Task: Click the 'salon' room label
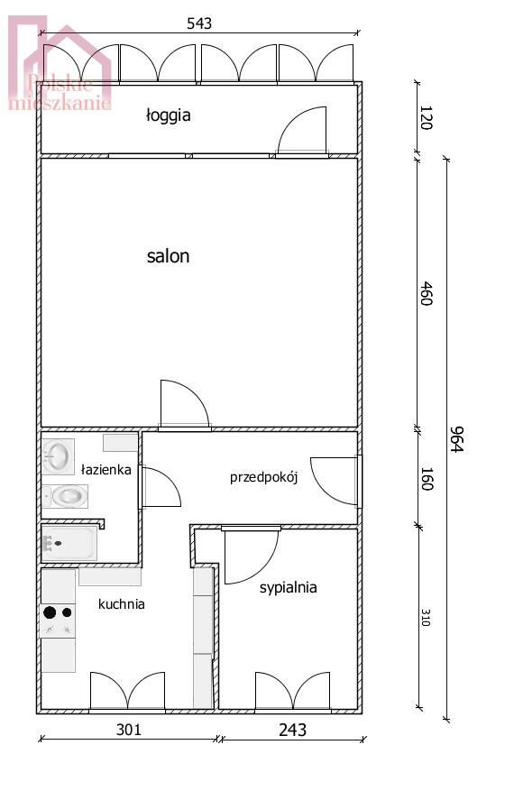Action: [168, 256]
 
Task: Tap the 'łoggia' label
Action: [168, 115]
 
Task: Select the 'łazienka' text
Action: [106, 470]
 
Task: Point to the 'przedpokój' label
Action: [264, 477]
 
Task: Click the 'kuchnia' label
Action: [121, 603]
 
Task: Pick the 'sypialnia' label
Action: [288, 588]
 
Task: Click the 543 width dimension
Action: [199, 23]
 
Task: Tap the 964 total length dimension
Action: [456, 439]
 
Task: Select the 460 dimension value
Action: [427, 294]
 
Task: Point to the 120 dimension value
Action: [427, 117]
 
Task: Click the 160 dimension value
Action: [427, 479]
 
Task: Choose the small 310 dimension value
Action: [426, 618]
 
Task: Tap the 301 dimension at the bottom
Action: [129, 730]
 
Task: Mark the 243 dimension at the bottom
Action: [292, 730]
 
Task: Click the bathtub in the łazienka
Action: [69, 543]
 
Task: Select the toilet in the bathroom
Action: [65, 496]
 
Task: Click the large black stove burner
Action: [50, 612]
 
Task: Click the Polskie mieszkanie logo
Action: [60, 63]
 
